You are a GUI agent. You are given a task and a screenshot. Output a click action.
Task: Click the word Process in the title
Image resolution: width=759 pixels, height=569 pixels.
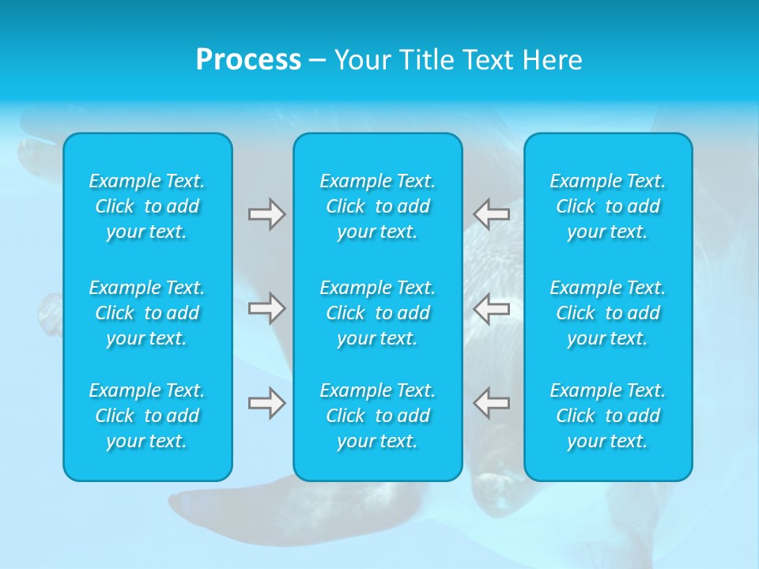pos(248,60)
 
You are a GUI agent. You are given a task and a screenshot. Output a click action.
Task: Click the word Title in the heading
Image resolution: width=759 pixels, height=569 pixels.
pos(426,60)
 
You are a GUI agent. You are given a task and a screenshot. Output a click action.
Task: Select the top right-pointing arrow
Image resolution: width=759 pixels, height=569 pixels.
pos(266,214)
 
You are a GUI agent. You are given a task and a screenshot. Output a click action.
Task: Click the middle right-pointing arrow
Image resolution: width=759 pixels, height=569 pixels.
pos(266,308)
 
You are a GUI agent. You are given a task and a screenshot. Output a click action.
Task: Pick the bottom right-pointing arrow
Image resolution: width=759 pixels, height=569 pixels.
pos(266,403)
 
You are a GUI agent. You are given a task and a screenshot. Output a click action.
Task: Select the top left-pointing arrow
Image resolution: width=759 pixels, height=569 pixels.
pos(492,214)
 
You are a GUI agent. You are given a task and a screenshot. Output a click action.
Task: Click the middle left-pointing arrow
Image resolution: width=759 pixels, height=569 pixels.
pos(492,308)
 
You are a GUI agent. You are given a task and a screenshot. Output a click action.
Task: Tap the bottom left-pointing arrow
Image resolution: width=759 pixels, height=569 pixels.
pos(492,403)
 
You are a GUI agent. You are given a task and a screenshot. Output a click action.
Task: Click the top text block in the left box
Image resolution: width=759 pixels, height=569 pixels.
pos(147,206)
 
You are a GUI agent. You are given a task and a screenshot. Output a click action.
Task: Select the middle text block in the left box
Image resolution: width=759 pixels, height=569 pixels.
pos(147,313)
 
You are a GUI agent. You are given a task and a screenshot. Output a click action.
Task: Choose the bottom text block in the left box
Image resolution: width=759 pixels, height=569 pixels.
pos(147,416)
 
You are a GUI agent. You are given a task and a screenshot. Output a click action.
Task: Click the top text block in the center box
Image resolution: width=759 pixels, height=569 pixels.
pos(378,206)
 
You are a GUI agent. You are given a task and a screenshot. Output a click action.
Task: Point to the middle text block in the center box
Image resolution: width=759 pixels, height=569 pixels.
pos(378,313)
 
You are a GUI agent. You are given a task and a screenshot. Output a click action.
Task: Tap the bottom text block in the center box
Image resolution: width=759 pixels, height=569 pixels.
pos(378,416)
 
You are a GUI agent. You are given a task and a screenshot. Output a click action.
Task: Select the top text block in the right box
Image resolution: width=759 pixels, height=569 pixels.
pos(608,206)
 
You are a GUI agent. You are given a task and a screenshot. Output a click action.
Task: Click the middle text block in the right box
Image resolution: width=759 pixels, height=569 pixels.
pos(608,313)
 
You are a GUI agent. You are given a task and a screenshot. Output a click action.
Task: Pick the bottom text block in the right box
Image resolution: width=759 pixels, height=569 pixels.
pos(608,416)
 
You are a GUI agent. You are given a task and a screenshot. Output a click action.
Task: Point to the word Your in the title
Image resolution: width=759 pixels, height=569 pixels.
pos(361,60)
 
